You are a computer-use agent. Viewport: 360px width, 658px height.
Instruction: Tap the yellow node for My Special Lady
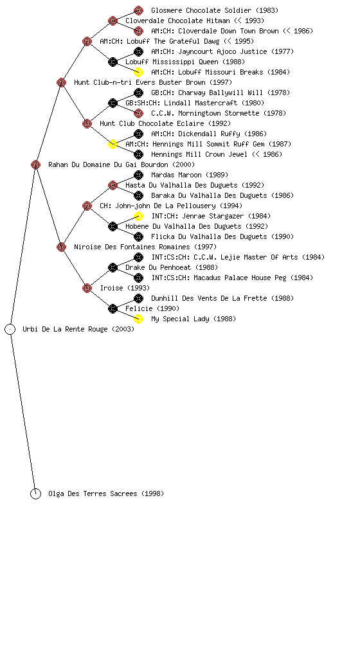[138, 319]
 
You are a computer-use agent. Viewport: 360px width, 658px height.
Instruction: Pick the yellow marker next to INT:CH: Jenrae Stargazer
[138, 216]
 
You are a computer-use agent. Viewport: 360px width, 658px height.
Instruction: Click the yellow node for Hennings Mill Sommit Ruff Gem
[113, 145]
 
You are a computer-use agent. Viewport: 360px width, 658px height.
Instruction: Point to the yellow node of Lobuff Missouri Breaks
[138, 72]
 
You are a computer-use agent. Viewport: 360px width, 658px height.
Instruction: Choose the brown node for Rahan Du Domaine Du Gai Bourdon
[35, 165]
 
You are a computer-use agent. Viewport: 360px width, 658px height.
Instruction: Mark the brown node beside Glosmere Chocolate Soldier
[138, 10]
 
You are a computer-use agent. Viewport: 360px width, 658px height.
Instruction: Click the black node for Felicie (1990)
[113, 309]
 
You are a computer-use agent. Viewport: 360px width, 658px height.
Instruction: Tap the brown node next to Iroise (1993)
[87, 289]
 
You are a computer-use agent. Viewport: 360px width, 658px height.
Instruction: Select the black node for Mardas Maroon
[138, 175]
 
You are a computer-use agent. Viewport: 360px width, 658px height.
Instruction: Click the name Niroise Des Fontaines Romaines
[132, 247]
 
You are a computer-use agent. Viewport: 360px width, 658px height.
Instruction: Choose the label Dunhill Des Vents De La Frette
[209, 298]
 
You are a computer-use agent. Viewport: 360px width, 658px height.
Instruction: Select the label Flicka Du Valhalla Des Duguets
[209, 236]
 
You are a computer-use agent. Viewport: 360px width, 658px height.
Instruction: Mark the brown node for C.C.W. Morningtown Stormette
[138, 113]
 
